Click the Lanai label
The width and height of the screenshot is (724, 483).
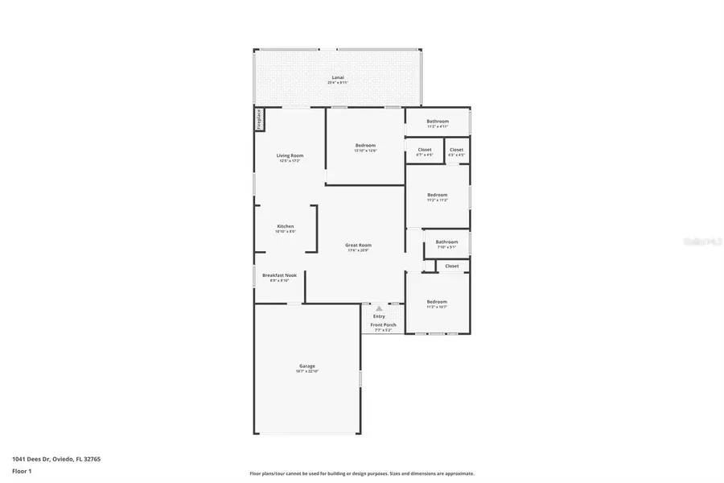(337, 78)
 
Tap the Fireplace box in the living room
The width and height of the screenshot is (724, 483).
(259, 119)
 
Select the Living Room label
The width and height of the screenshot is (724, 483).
(290, 155)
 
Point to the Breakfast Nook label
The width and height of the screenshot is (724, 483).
(279, 275)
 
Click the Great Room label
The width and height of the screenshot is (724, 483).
(358, 246)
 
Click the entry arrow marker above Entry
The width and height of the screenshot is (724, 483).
(379, 308)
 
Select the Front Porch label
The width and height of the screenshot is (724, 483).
(383, 324)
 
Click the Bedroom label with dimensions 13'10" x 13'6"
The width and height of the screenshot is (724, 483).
(365, 146)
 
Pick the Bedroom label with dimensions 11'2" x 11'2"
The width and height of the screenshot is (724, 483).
(437, 195)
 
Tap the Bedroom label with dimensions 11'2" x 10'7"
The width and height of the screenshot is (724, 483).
(437, 302)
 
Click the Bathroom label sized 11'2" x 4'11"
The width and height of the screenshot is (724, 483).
(438, 122)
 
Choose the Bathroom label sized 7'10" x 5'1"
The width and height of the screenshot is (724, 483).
(446, 242)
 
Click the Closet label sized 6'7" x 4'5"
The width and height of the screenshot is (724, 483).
(424, 150)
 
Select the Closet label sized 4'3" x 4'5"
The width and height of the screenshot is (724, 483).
(456, 150)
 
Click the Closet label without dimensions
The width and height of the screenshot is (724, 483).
(452, 266)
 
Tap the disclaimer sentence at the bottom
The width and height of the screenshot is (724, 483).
(361, 473)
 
